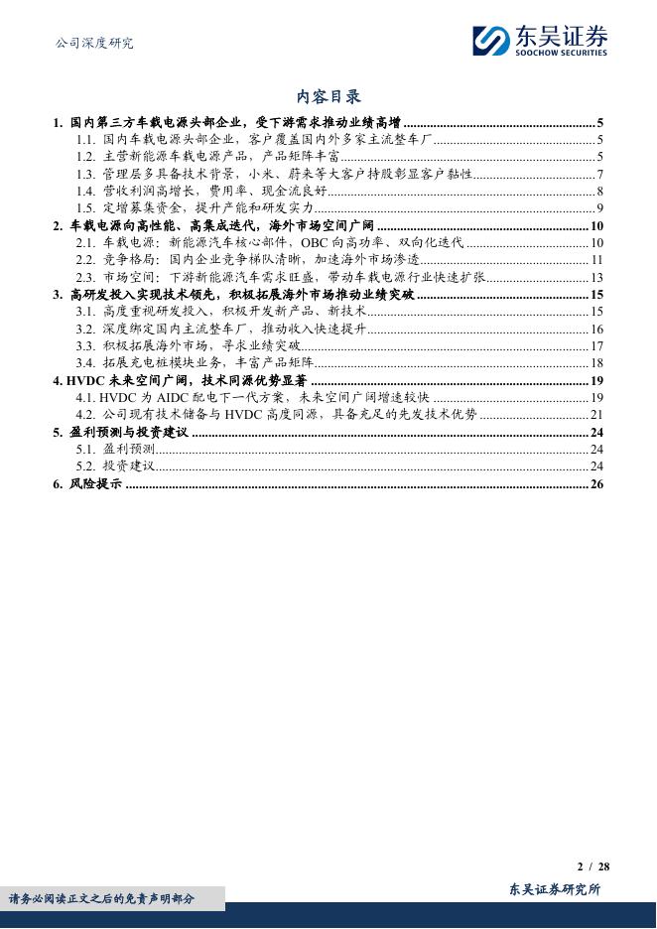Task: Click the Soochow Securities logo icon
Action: click(x=491, y=41)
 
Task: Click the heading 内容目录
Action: click(x=328, y=96)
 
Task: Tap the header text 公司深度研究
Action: click(x=91, y=43)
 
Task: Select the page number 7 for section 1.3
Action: click(x=600, y=174)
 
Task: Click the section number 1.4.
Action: click(x=85, y=191)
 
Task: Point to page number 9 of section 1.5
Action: click(x=600, y=207)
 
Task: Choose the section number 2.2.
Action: click(x=85, y=259)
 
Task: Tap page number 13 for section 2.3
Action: click(x=597, y=277)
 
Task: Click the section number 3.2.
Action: click(x=85, y=329)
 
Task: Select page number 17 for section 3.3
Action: click(x=597, y=345)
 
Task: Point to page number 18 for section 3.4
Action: click(x=597, y=362)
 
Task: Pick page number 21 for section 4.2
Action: click(x=597, y=414)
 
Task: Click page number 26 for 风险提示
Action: click(x=597, y=483)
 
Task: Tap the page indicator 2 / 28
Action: click(x=593, y=865)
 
